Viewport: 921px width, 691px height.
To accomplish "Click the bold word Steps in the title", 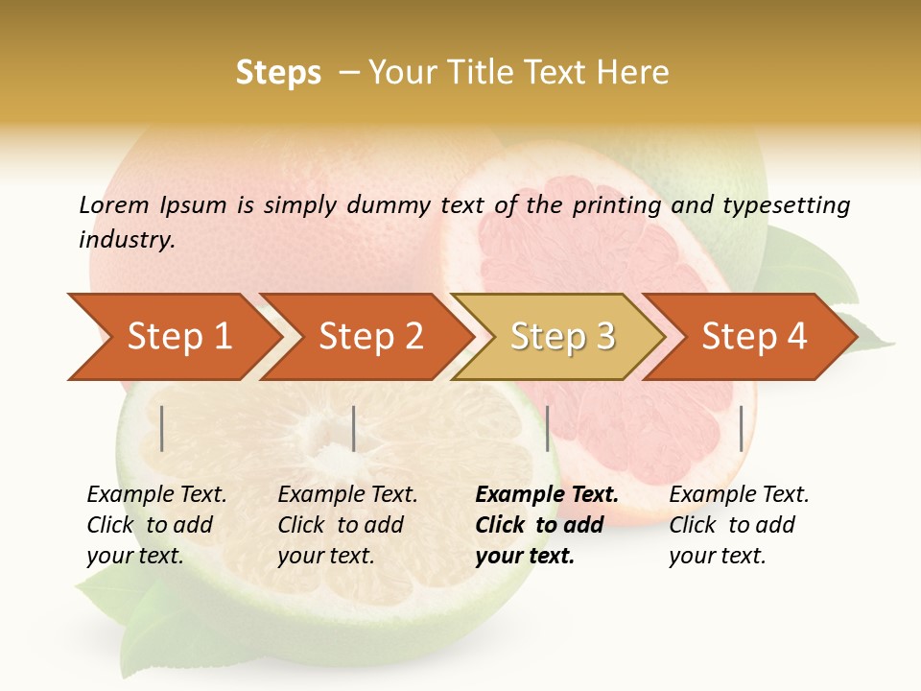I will coord(278,73).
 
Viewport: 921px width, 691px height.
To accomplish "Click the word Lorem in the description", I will coord(114,205).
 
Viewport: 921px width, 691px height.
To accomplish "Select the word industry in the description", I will coord(127,240).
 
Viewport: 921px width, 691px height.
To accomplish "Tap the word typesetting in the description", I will coord(786,205).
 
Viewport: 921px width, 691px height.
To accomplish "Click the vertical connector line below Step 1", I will coord(162,428).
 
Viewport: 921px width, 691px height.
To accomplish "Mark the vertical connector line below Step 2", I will coord(354,428).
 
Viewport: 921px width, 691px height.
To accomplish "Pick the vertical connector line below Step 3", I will coord(548,428).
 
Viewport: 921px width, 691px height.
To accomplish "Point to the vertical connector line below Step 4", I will coord(742,428).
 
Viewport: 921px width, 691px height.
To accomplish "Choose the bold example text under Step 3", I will coord(546,525).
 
